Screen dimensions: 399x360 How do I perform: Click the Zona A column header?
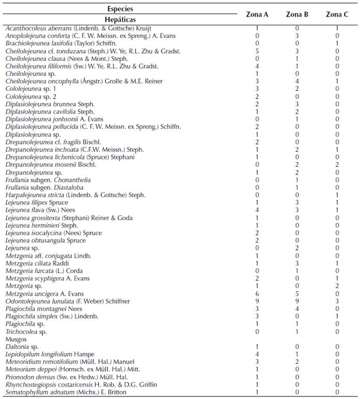click(x=257, y=14)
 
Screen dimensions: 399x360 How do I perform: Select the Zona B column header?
click(x=297, y=14)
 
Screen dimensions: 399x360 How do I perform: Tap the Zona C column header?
click(x=337, y=14)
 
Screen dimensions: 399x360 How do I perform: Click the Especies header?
click(x=120, y=9)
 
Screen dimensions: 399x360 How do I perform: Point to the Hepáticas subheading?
click(x=120, y=19)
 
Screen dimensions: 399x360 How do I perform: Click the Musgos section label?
click(x=15, y=340)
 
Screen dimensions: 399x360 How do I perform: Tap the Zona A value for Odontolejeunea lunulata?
click(x=257, y=301)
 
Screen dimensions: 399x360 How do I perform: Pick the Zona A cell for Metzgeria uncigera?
click(x=257, y=294)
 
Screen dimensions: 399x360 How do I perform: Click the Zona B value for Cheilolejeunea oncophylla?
click(x=297, y=81)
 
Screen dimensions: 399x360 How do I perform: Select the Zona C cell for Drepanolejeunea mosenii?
click(x=337, y=164)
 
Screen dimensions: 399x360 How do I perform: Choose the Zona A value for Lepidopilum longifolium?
click(x=257, y=354)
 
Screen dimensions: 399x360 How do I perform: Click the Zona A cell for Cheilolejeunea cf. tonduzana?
click(x=257, y=51)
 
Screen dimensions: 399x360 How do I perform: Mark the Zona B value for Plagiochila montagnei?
click(x=297, y=309)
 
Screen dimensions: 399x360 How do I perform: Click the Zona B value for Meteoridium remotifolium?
click(x=297, y=362)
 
